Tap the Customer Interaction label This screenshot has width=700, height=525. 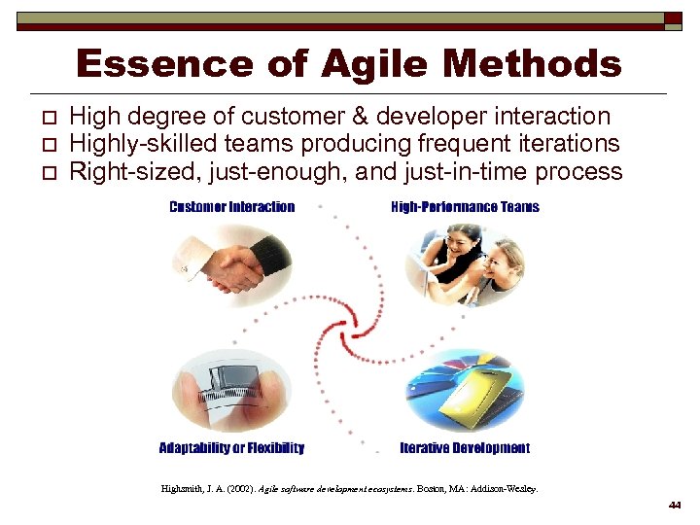tap(231, 207)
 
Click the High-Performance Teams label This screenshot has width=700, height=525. tap(465, 207)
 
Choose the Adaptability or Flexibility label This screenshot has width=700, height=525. tap(231, 448)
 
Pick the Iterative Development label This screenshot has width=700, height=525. tap(465, 448)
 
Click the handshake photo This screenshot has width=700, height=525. tap(230, 267)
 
